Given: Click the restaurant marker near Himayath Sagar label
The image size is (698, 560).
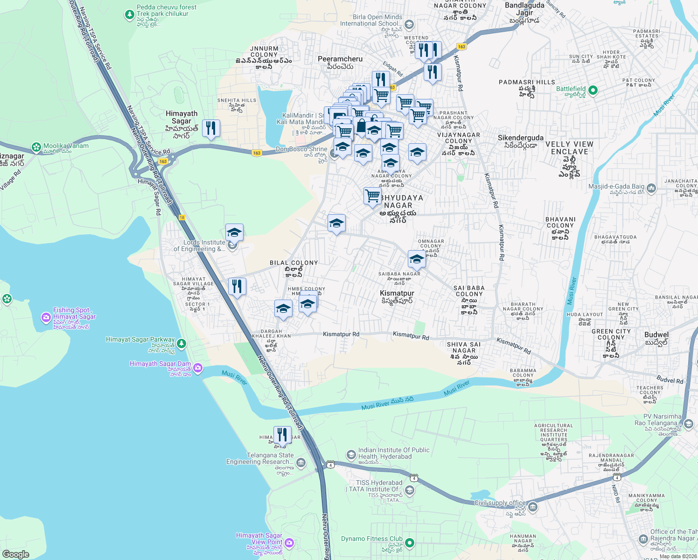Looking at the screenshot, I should pos(211,129).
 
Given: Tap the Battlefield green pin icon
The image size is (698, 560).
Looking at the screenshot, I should pos(593,90).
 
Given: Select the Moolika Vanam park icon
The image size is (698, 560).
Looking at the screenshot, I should pos(36,147).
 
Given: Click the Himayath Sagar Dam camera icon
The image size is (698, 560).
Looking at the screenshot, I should pos(197,368).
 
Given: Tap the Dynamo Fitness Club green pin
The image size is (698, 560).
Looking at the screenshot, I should pos(410,543).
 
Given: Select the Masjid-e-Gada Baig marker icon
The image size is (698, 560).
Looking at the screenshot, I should pos(651,189).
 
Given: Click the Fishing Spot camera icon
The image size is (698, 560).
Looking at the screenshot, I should pos(46,318).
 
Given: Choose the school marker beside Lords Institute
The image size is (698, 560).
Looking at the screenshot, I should pos(234,232).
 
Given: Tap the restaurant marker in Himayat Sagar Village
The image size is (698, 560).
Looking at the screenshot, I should pos(237,286).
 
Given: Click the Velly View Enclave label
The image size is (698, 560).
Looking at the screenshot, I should pos(569,148).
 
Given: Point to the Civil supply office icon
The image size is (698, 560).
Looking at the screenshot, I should pos(533,507).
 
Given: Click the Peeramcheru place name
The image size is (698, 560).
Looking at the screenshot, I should pos(340,59).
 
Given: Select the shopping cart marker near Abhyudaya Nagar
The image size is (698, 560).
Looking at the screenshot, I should pos(372,196).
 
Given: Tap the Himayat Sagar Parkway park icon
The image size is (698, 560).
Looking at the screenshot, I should pos(181,344).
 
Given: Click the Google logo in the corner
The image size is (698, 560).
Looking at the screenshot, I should pos(15,554).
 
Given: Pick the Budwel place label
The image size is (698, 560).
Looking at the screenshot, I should pos(656,335).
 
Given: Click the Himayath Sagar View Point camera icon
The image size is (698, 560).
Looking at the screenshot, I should pos(289,543).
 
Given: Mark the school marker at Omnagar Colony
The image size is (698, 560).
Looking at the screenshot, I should pos(417,259).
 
